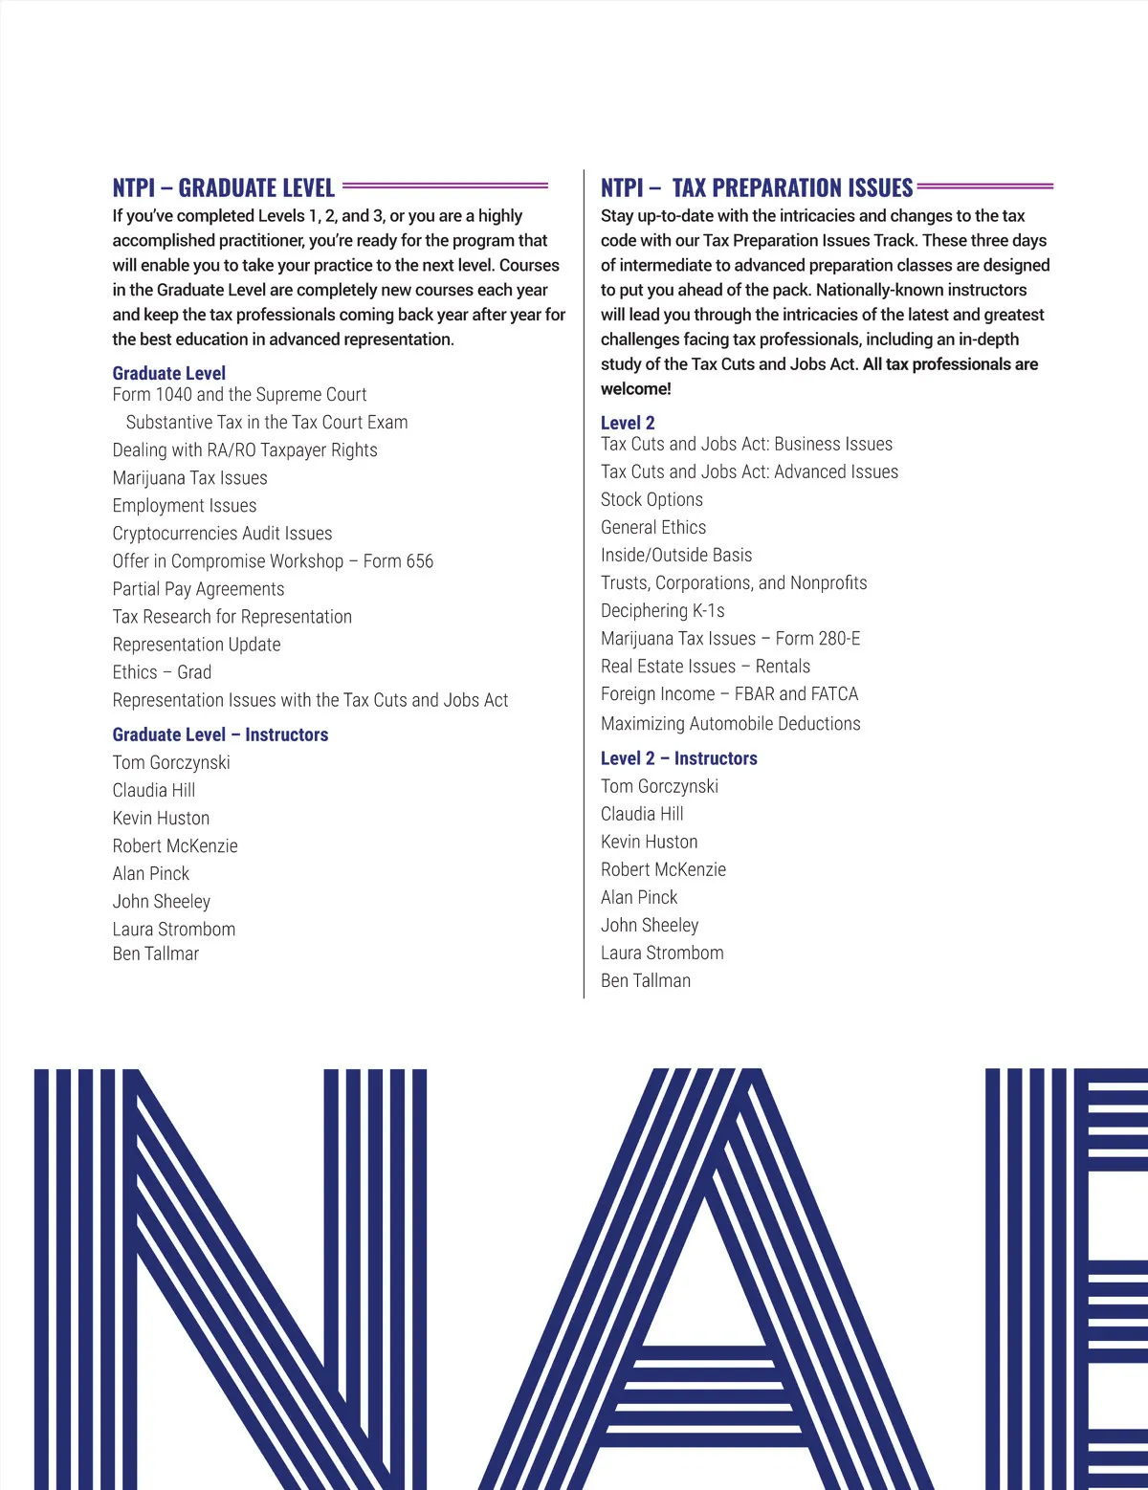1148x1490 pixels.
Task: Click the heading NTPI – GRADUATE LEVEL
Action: click(x=224, y=187)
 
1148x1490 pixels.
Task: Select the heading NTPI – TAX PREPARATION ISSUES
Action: click(x=757, y=187)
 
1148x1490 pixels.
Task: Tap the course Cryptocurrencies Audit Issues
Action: click(x=222, y=534)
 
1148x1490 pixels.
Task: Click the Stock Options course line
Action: click(x=651, y=499)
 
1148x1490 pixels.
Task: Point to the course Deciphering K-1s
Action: click(x=662, y=610)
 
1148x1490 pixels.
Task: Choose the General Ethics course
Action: click(x=653, y=527)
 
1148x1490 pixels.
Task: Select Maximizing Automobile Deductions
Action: click(x=730, y=723)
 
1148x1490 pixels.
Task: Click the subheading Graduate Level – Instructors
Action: click(x=220, y=734)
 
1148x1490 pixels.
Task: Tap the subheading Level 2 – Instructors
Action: click(x=678, y=758)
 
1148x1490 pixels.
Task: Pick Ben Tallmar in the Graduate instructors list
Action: click(x=156, y=953)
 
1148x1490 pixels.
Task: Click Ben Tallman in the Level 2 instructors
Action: click(x=646, y=980)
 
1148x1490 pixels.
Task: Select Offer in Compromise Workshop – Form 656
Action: click(x=273, y=561)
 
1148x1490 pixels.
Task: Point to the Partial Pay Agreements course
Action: click(x=198, y=589)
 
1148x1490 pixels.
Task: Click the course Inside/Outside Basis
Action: click(x=676, y=555)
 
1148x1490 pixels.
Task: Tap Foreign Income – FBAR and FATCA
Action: click(x=729, y=693)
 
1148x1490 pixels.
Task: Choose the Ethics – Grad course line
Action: click(x=162, y=672)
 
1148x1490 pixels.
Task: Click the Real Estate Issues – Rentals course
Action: click(x=705, y=666)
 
